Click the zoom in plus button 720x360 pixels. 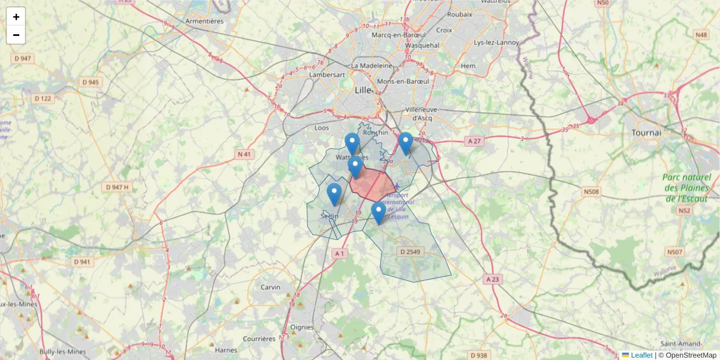[x=16, y=17]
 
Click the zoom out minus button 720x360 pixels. [x=16, y=35]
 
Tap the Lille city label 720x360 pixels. [x=363, y=90]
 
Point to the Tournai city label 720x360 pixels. [x=646, y=132]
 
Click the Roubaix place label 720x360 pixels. [x=460, y=14]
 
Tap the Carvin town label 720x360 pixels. [x=270, y=287]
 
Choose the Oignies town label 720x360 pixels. [x=302, y=327]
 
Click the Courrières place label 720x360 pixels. [x=260, y=339]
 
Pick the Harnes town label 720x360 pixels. [x=226, y=350]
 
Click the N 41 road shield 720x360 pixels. [x=244, y=154]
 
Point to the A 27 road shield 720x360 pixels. [x=474, y=140]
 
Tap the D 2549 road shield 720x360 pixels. [x=409, y=251]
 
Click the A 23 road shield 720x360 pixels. [x=493, y=279]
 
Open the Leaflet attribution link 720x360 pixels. [x=641, y=355]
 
